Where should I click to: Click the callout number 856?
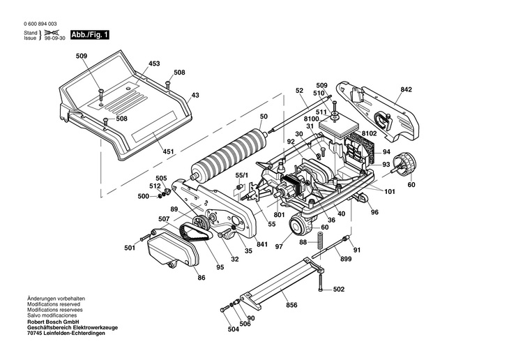(292, 305)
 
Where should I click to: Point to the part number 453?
(153, 63)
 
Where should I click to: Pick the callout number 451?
(169, 151)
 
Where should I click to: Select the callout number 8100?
(312, 119)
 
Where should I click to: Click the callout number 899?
(344, 259)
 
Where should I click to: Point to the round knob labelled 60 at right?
(403, 164)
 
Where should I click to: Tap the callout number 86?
(201, 278)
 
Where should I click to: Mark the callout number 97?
(280, 246)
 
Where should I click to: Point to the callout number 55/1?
(241, 174)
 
